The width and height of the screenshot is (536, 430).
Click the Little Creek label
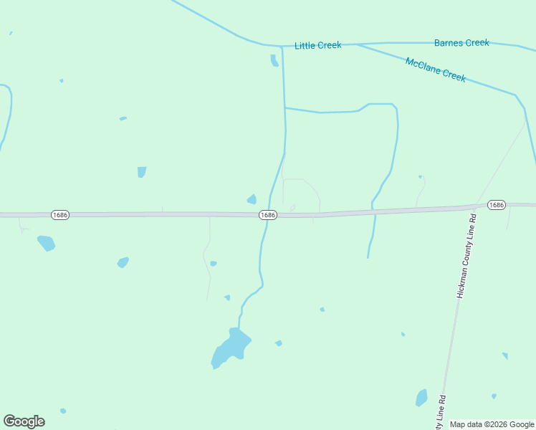318,45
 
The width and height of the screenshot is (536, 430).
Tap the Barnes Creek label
461,43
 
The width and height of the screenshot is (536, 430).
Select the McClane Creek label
436,70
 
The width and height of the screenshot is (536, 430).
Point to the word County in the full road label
467,251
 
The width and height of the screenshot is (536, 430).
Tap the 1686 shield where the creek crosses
267,215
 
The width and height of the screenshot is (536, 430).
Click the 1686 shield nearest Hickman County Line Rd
496,205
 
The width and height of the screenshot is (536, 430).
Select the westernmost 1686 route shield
60,215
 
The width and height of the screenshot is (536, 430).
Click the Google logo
24,421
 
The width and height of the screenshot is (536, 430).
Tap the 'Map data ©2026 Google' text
492,424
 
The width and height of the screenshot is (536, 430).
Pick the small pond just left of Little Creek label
274,61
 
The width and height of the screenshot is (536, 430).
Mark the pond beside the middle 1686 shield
252,199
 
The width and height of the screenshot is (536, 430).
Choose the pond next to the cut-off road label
421,398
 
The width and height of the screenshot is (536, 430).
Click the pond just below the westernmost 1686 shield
46,243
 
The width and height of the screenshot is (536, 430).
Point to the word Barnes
449,43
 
